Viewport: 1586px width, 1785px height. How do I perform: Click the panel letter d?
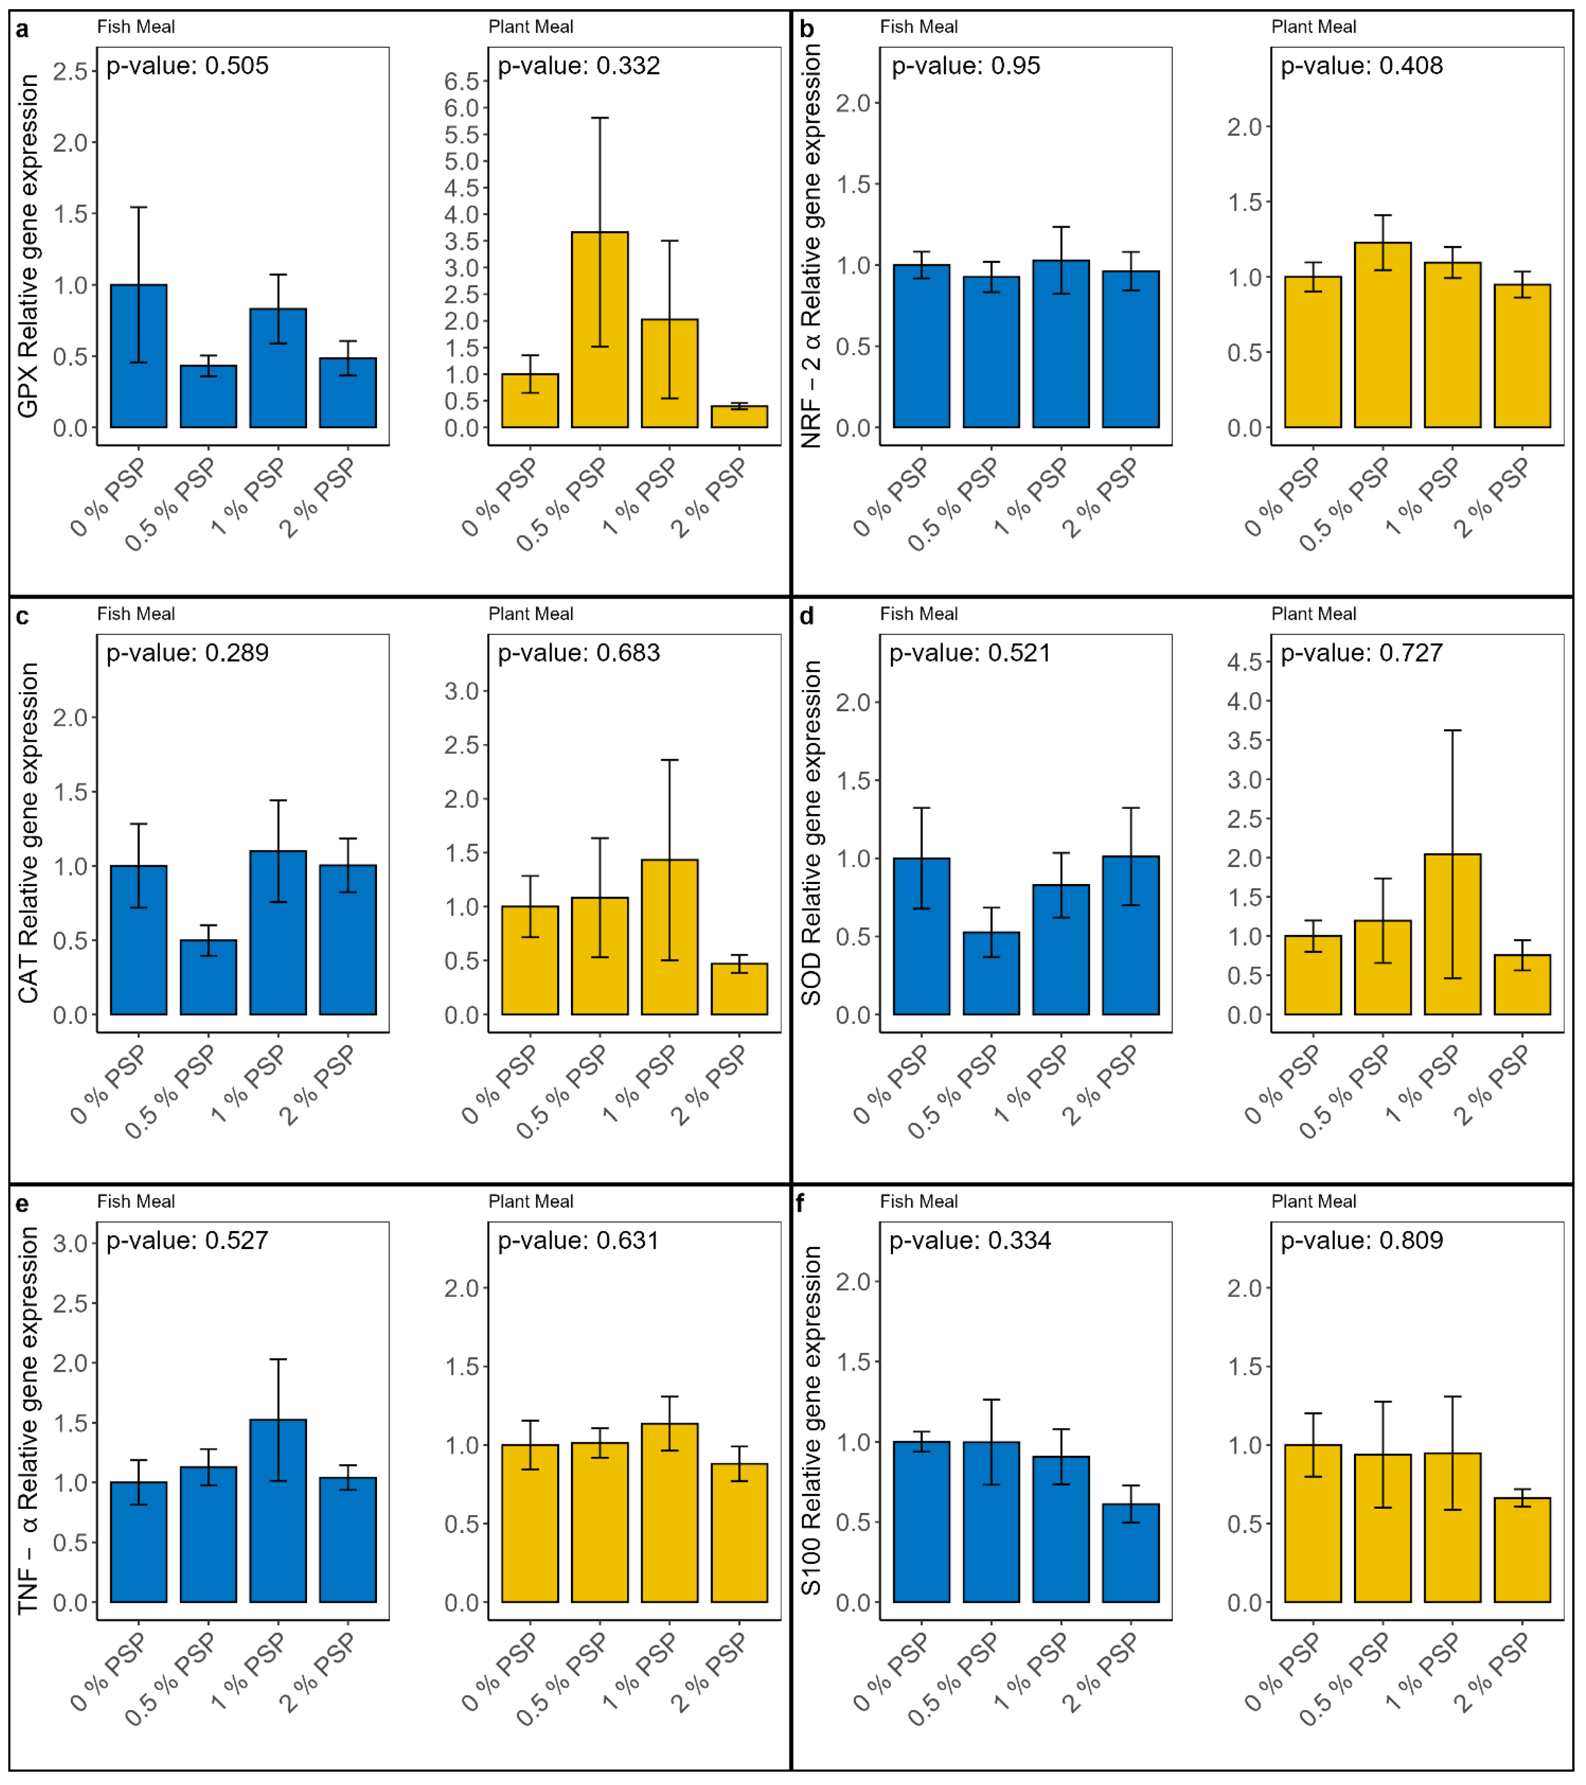[x=807, y=616]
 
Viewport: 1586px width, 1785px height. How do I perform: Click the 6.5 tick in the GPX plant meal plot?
[x=462, y=81]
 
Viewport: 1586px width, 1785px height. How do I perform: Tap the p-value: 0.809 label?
[x=1362, y=1241]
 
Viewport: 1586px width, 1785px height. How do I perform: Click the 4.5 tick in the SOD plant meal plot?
[x=1244, y=662]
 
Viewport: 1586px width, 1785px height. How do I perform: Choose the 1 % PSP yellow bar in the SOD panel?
[x=1452, y=935]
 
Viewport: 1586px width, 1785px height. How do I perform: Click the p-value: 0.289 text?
[x=187, y=653]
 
